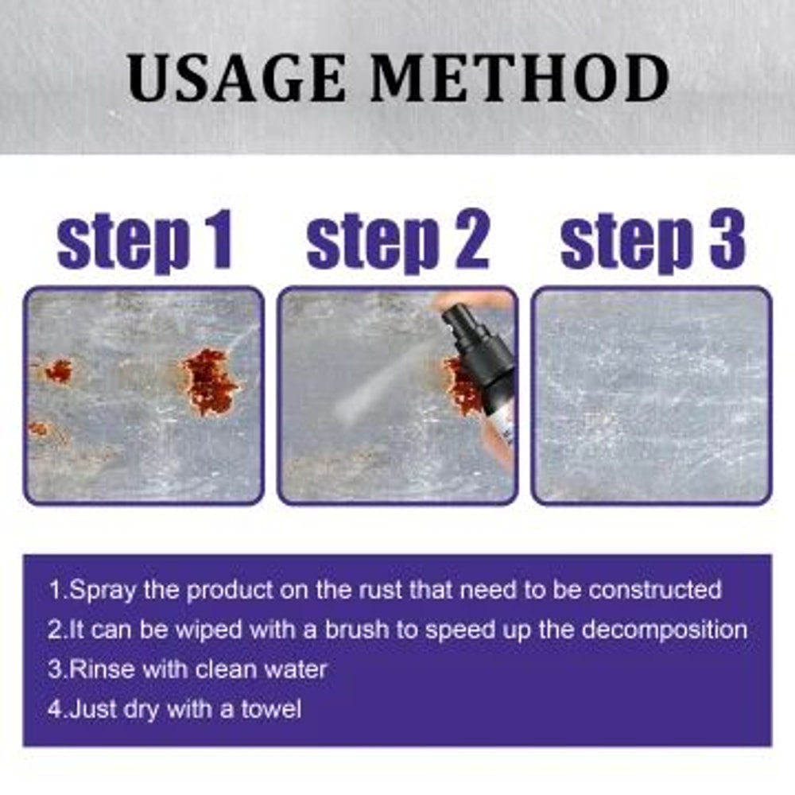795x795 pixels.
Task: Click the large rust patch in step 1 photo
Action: coord(210,382)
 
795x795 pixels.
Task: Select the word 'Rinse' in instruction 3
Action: coord(103,669)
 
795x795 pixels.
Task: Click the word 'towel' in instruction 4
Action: coord(270,708)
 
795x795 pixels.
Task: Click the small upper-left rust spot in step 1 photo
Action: coord(58,370)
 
